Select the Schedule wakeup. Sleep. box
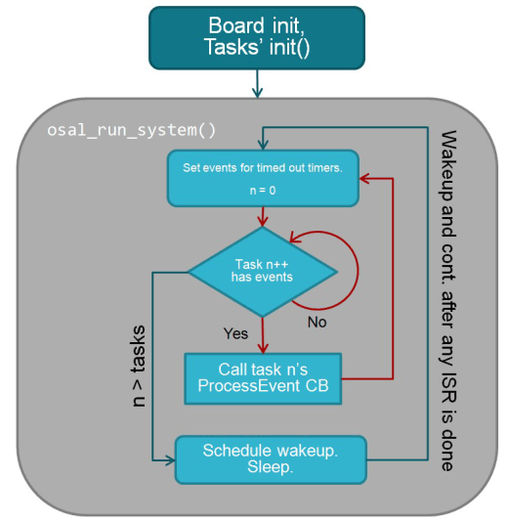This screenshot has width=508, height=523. pos(270,458)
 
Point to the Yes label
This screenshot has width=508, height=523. pos(236,332)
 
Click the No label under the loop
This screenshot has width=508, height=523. pos(317,320)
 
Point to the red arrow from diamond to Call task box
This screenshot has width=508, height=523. pos(261,334)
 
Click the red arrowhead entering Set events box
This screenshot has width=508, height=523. pos(362,179)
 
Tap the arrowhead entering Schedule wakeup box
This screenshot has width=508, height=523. pos(169,458)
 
